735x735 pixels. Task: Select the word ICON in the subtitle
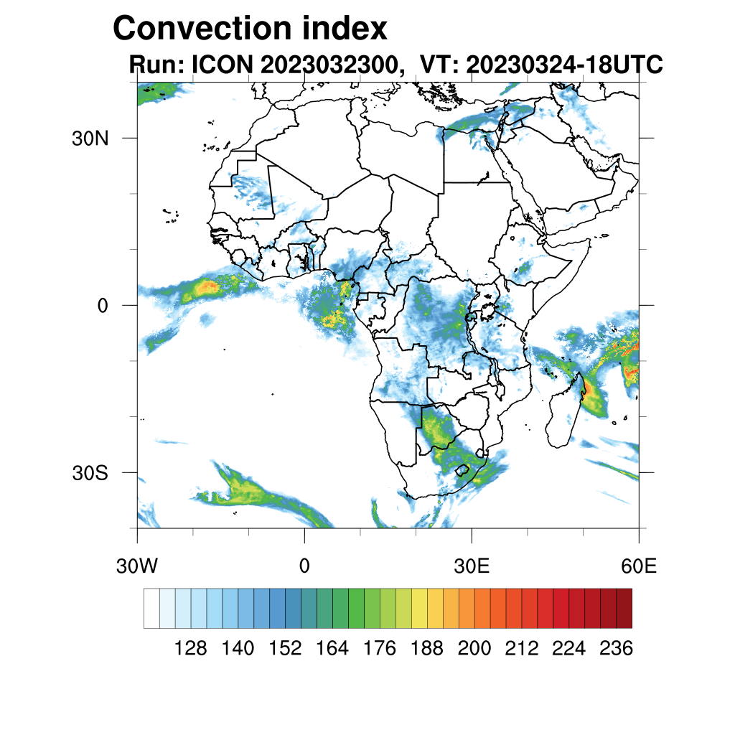[x=220, y=65]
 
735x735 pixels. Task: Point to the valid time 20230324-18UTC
[x=563, y=65]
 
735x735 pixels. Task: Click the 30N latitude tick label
[x=90, y=138]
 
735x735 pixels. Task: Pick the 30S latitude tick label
[x=90, y=473]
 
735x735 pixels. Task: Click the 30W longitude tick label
[x=136, y=566]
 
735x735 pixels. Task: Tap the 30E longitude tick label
[x=472, y=566]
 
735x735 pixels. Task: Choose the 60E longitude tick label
[x=639, y=566]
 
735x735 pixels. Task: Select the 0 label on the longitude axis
[x=304, y=566]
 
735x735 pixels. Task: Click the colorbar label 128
[x=191, y=649]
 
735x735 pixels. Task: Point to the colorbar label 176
[x=380, y=649]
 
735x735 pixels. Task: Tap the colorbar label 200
[x=474, y=649]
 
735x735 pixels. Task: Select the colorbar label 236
[x=616, y=649]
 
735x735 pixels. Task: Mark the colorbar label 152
[x=286, y=649]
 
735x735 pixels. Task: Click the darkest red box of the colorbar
[x=624, y=608]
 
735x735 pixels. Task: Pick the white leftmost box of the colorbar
[x=151, y=608]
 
